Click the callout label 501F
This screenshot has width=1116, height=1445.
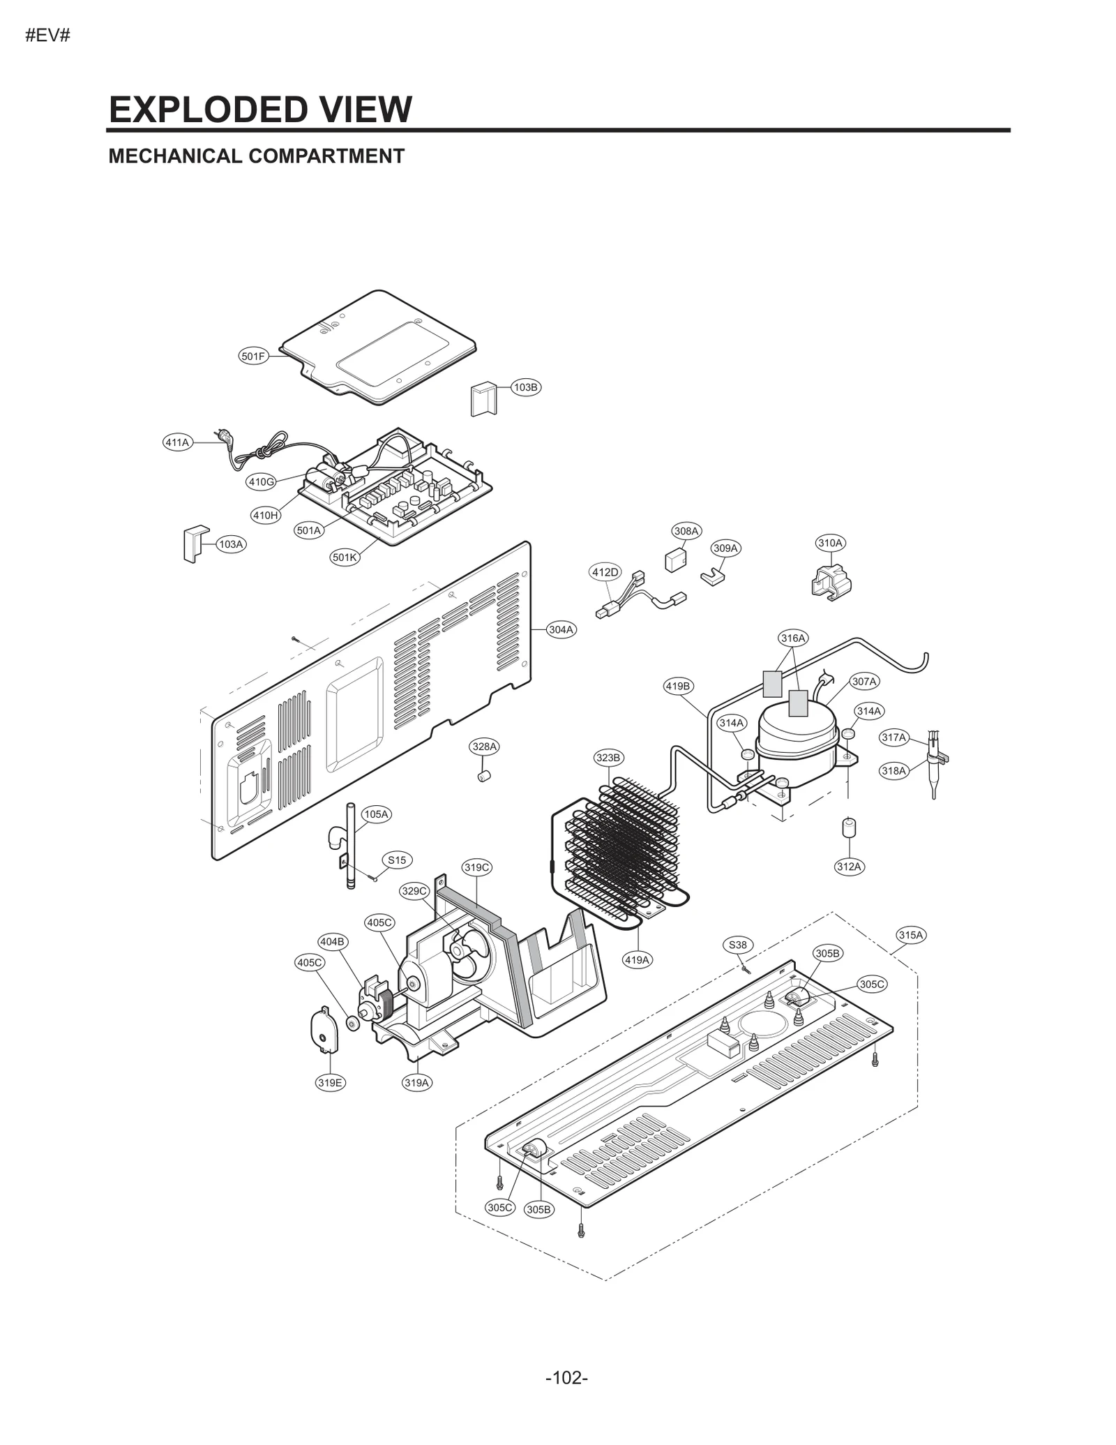tap(253, 357)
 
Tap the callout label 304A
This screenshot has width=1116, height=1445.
tap(561, 629)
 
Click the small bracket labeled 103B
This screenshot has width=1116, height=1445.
tap(482, 400)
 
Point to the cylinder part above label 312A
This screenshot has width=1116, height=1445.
tap(849, 828)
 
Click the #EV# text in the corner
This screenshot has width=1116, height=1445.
tap(48, 36)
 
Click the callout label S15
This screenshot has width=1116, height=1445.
tap(397, 860)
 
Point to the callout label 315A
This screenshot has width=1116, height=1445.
tap(910, 935)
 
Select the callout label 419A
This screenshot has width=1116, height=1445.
tap(636, 960)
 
